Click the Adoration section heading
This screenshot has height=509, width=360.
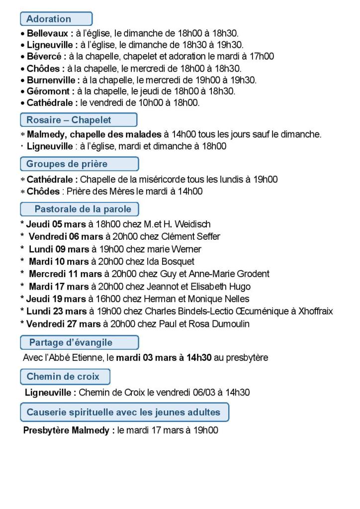point(56,19)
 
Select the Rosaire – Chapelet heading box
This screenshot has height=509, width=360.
point(78,120)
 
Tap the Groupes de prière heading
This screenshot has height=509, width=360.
point(79,164)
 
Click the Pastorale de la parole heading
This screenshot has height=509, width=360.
point(79,208)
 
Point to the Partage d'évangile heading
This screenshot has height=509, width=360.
point(79,342)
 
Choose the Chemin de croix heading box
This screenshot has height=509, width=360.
point(65,377)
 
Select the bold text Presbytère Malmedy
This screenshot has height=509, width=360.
point(66,430)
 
